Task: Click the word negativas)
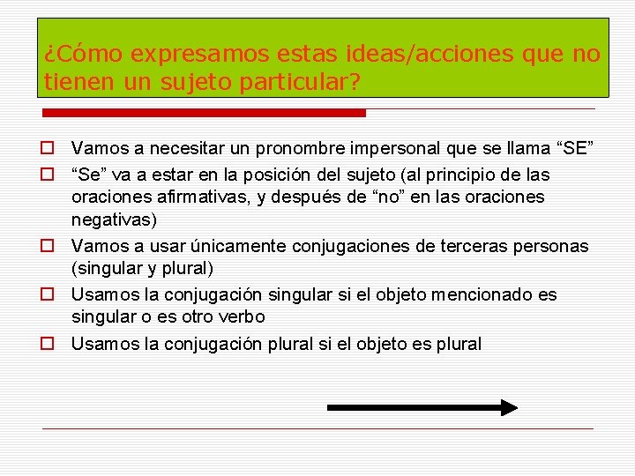coord(114,219)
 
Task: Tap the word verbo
coord(239,316)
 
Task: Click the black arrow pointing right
coord(422,407)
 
